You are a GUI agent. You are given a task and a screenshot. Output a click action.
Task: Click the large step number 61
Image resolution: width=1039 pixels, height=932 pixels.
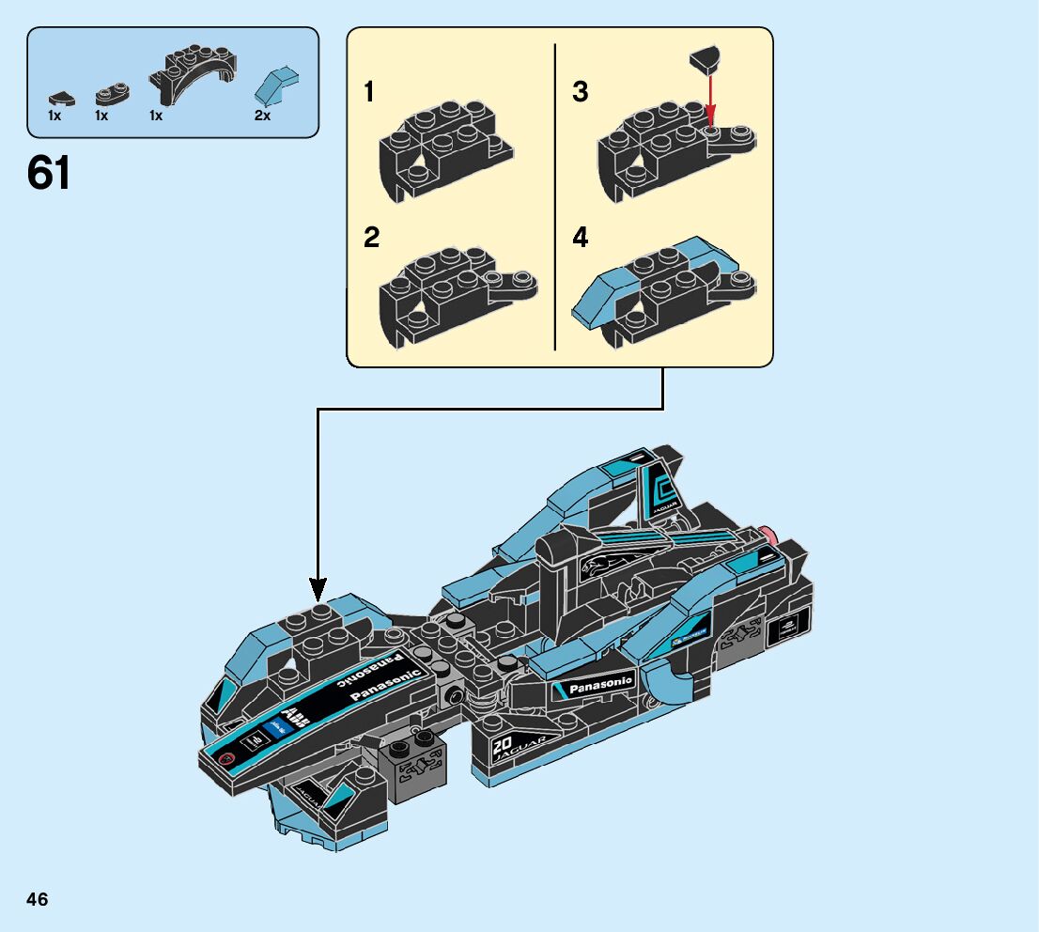[49, 173]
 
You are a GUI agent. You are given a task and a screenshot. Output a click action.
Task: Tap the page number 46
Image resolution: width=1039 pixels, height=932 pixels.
[38, 900]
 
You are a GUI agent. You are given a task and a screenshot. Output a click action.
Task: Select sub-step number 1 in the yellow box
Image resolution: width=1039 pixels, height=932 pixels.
[369, 93]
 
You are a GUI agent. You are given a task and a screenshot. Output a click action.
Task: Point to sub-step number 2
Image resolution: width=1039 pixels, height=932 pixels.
[372, 239]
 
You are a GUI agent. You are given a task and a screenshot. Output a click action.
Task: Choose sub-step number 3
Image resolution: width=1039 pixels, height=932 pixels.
[581, 93]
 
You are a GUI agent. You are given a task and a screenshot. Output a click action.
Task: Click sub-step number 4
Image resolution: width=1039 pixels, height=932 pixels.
[581, 239]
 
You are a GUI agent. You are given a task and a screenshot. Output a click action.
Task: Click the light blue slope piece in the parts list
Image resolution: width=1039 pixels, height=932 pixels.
[275, 85]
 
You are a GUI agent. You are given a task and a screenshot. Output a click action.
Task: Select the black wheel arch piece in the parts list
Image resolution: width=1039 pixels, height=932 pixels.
[197, 75]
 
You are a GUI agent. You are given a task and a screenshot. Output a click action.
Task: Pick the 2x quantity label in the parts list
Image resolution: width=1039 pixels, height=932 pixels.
[262, 116]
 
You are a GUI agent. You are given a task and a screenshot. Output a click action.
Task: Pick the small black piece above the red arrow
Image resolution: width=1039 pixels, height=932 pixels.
[706, 60]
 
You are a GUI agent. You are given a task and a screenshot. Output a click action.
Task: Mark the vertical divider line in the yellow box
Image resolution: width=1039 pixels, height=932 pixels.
[555, 197]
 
